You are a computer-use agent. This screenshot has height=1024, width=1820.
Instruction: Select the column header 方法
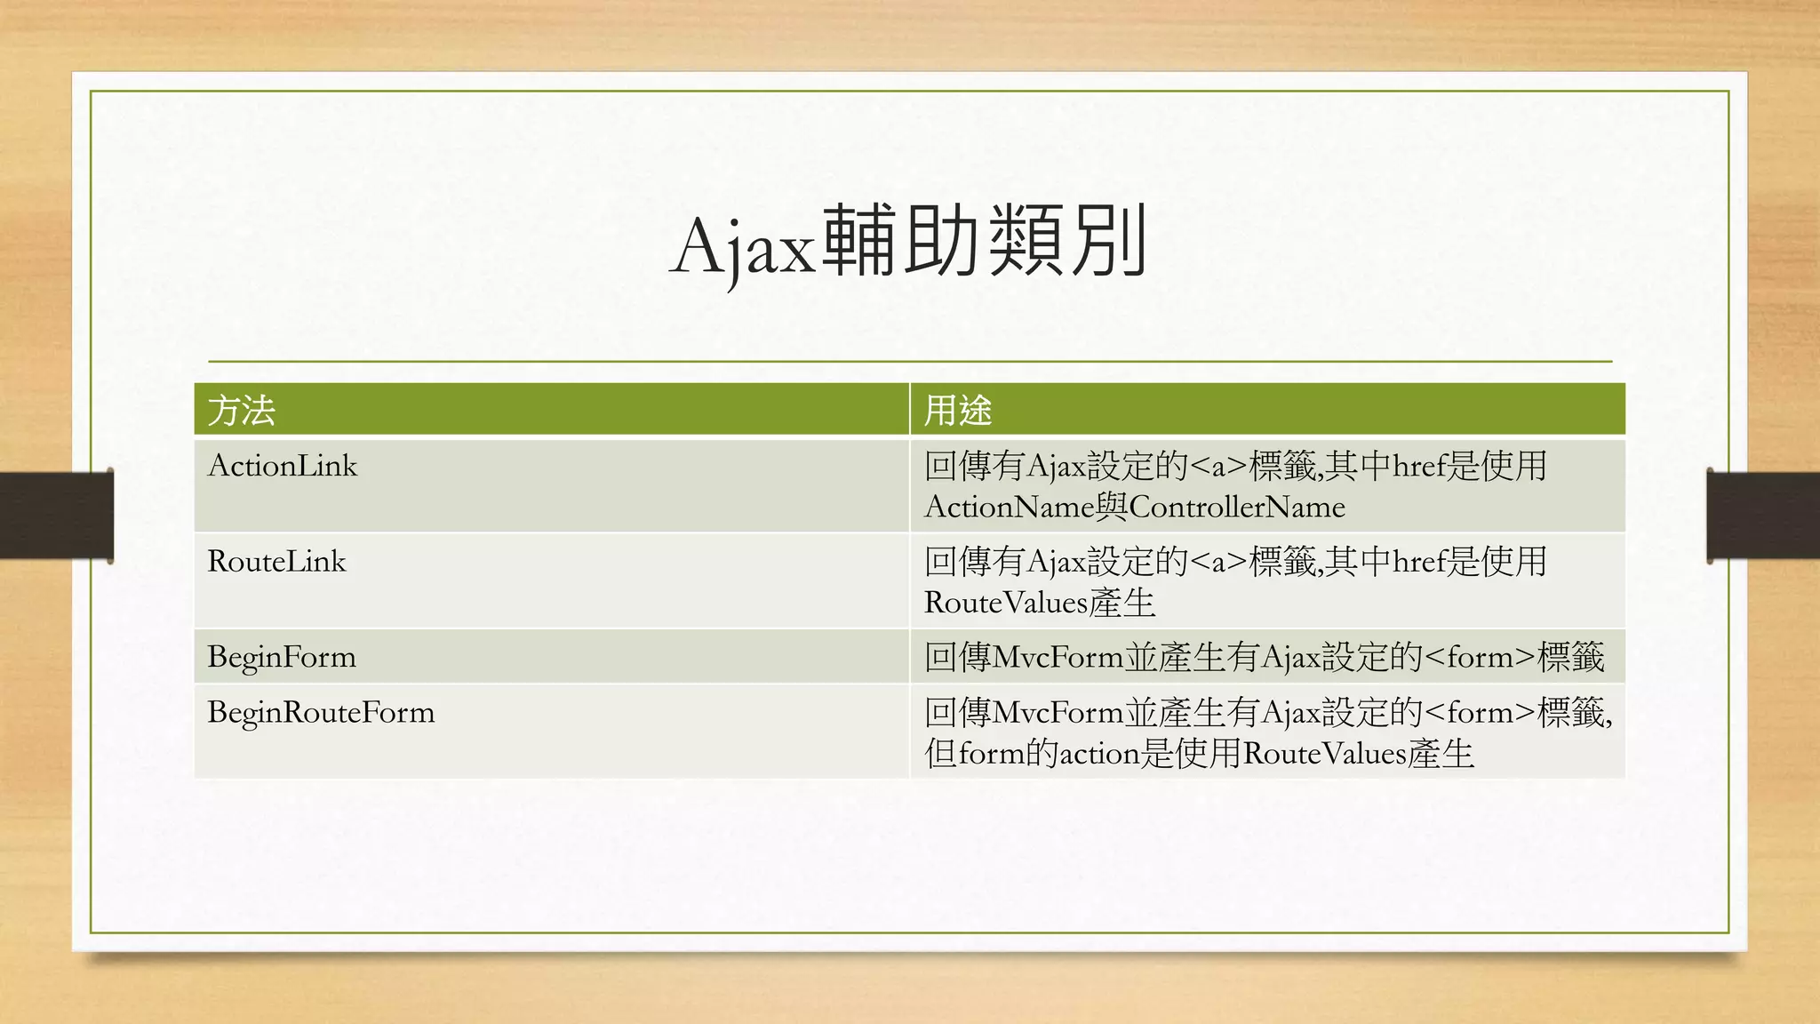241,411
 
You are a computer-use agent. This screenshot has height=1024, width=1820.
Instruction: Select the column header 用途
957,411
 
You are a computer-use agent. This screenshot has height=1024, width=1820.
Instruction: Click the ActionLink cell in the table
282,466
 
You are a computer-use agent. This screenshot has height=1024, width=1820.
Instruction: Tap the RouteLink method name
276,562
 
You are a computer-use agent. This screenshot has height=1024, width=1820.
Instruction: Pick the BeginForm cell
281,658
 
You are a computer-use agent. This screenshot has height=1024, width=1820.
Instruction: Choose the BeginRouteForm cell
321,713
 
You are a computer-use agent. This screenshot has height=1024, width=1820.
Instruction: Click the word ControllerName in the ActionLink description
1237,508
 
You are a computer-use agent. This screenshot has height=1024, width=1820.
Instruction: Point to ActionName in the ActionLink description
1009,508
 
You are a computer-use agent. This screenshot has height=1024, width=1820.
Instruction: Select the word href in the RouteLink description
1419,562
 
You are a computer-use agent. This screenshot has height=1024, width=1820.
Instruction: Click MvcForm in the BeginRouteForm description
1058,713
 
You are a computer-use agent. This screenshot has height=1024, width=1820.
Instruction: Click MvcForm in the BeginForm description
1058,658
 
